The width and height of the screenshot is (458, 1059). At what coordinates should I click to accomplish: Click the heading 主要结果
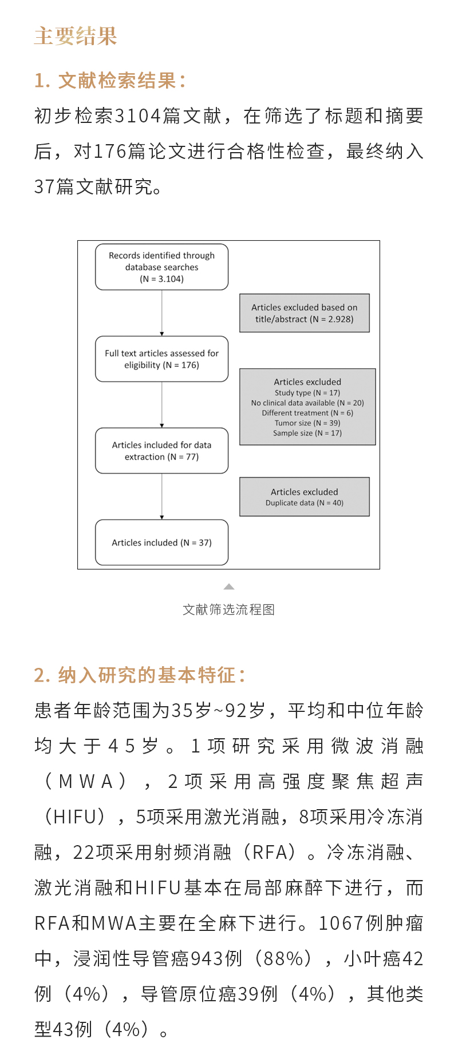click(76, 36)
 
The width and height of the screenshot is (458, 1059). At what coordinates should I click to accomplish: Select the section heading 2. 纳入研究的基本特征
click(140, 675)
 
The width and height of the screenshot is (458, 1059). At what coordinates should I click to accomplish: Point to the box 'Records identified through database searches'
click(161, 267)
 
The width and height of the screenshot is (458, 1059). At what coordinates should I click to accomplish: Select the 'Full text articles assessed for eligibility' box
click(161, 359)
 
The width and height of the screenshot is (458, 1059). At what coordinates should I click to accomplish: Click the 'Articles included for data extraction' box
click(161, 451)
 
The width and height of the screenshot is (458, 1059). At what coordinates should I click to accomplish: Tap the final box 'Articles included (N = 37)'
click(161, 543)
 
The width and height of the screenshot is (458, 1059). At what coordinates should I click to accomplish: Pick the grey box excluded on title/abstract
click(304, 313)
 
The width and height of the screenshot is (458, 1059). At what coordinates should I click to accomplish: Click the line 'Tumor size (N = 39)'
click(307, 423)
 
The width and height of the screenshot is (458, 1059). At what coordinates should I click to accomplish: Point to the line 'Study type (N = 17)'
click(307, 393)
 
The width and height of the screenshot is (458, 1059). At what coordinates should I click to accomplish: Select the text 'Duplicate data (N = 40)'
click(304, 503)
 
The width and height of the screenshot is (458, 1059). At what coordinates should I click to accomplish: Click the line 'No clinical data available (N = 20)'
click(307, 403)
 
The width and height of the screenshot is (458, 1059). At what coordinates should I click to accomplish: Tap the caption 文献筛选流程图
click(228, 610)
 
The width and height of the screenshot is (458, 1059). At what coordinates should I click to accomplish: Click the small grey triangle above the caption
click(229, 587)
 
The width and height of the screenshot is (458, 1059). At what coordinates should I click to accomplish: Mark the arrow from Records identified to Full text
click(162, 312)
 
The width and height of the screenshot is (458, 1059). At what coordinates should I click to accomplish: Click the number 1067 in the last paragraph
click(341, 923)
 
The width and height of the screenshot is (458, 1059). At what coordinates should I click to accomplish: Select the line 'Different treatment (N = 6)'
click(307, 413)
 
